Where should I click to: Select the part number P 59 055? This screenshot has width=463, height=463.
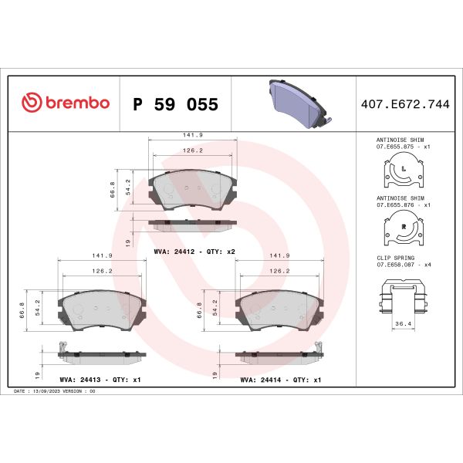point(176,104)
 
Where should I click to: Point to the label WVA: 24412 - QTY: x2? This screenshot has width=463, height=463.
point(194,252)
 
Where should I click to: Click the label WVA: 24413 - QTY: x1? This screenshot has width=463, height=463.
point(100,380)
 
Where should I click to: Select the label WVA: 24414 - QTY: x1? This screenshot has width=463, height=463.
point(280,380)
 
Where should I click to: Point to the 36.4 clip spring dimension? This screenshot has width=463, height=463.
point(402,324)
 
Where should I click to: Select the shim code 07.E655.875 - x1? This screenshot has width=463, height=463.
point(402,146)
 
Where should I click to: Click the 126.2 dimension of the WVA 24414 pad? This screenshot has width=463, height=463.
point(279,271)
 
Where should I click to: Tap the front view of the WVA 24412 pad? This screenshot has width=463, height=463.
point(194,190)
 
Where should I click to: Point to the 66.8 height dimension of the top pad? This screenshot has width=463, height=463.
point(113,189)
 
